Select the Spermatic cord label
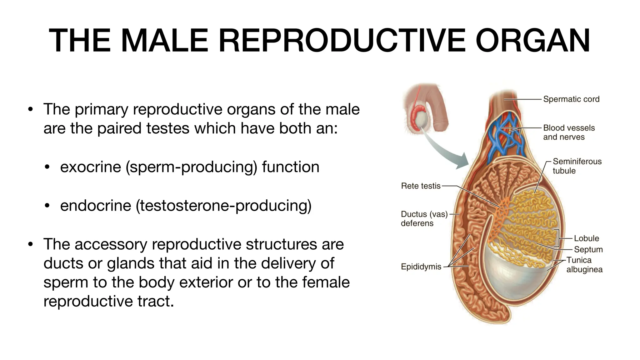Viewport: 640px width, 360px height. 571,99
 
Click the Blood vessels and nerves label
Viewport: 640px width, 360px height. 568,132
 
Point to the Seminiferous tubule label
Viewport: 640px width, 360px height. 577,166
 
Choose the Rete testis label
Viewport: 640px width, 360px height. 420,186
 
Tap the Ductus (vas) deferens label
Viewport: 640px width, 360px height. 424,218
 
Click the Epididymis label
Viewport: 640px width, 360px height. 421,267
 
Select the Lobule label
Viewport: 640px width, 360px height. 586,238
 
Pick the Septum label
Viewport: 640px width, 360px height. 588,249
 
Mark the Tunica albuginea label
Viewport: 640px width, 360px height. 584,265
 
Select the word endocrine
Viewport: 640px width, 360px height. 95,206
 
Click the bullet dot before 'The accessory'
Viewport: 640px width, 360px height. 30,244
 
